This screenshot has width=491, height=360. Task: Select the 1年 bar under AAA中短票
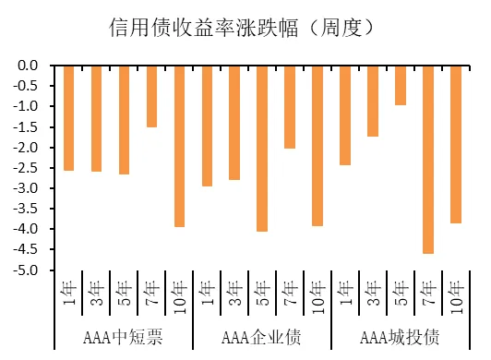[69, 118]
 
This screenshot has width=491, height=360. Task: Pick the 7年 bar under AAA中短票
[151, 96]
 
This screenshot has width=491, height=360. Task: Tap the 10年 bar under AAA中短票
[179, 146]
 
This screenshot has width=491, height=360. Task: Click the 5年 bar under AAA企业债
[262, 148]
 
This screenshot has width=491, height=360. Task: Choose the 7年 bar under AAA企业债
[290, 107]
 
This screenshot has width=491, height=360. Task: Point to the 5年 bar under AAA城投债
[401, 85]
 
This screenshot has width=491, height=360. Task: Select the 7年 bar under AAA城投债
[428, 159]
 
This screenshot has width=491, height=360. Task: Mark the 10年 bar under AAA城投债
[456, 144]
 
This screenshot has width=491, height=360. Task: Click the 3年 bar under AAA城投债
[373, 101]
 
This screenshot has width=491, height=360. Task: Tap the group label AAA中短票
[124, 335]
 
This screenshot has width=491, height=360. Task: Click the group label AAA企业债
[262, 335]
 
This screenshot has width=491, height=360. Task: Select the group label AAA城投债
[400, 335]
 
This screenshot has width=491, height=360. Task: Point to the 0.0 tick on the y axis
[27, 66]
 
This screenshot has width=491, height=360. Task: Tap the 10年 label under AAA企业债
[317, 296]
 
